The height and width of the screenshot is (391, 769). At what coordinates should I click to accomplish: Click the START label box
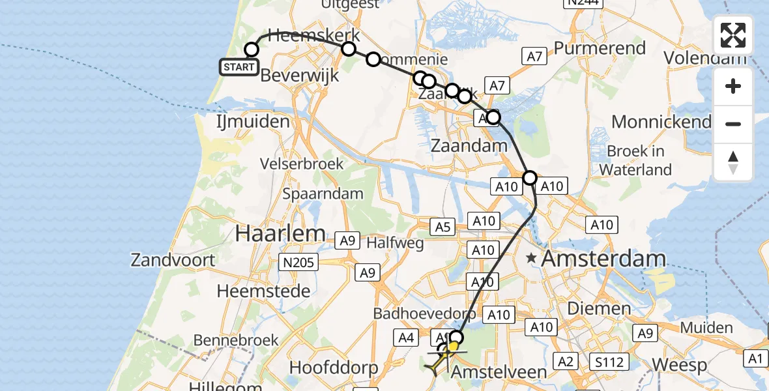tap(239, 66)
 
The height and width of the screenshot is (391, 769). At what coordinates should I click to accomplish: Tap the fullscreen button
tap(733, 35)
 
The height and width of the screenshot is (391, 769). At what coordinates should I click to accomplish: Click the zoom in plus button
tap(733, 87)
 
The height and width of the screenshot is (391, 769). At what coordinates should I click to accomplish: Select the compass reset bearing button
tap(733, 162)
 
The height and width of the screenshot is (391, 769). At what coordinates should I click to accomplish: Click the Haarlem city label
tap(280, 233)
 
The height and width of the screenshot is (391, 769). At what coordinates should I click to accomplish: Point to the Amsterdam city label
tap(603, 259)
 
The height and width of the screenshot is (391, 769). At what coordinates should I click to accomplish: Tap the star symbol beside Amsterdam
tap(532, 259)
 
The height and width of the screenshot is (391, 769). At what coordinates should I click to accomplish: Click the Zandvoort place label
tap(173, 260)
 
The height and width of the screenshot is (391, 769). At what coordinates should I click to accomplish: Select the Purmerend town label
tap(600, 48)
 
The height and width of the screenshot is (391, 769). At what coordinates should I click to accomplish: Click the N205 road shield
tap(300, 263)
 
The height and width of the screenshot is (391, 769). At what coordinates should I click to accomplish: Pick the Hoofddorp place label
tap(333, 368)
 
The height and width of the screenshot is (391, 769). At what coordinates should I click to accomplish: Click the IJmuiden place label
tap(253, 122)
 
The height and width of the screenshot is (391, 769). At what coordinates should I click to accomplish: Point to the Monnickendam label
tap(661, 122)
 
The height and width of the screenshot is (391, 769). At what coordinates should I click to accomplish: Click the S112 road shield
tap(609, 361)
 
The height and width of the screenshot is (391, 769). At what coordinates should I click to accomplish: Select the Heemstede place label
tap(263, 291)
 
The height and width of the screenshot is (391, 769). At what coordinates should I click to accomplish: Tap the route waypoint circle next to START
tap(252, 50)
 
